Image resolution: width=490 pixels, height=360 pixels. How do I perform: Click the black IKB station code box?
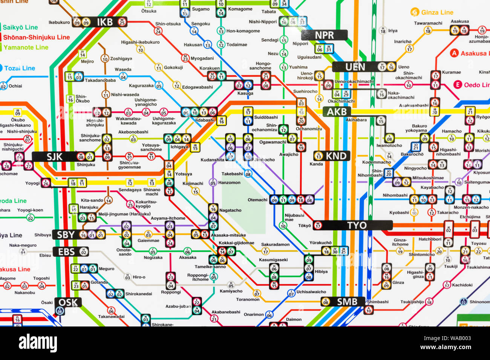[104, 22]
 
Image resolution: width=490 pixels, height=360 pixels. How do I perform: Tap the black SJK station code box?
[54, 157]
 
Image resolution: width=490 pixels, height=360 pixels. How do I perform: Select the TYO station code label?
[357, 225]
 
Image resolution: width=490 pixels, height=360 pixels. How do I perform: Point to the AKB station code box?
[336, 111]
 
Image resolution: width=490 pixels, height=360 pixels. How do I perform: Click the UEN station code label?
[355, 67]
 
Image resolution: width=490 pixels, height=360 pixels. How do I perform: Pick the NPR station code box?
[324, 35]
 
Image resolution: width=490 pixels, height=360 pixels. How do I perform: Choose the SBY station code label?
[66, 235]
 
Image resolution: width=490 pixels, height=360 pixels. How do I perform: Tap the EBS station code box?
[66, 252]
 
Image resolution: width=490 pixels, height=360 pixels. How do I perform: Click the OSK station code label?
[68, 302]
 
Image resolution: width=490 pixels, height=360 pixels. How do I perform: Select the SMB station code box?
[347, 301]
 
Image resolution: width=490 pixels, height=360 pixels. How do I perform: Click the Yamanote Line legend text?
[26, 47]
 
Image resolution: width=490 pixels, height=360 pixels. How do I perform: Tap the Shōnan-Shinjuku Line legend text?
[37, 37]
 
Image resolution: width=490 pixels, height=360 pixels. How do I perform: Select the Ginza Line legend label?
[437, 12]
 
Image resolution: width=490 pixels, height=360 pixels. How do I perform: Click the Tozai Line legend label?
[20, 68]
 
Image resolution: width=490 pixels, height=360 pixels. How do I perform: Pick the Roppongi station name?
[171, 292]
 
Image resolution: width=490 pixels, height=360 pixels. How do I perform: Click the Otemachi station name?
[257, 200]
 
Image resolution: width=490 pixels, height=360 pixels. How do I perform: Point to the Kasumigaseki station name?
[273, 260]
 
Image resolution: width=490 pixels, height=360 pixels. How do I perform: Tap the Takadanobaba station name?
[100, 80]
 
